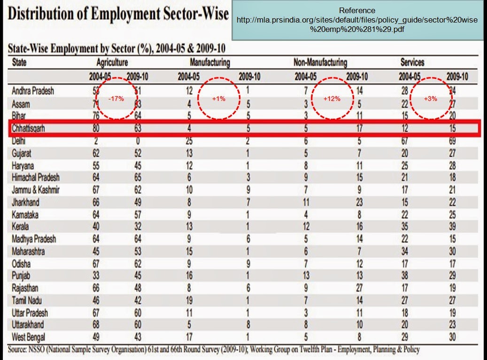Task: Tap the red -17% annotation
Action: pos(116,99)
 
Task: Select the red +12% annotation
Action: pos(333,99)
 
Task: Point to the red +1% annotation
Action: pos(219,99)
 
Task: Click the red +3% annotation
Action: pos(430,99)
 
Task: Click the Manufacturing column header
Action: pos(209,62)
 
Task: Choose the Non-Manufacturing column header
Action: pos(320,62)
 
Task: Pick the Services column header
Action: pos(412,62)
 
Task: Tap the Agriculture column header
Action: pos(112,62)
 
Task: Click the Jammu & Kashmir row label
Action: pos(36,190)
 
